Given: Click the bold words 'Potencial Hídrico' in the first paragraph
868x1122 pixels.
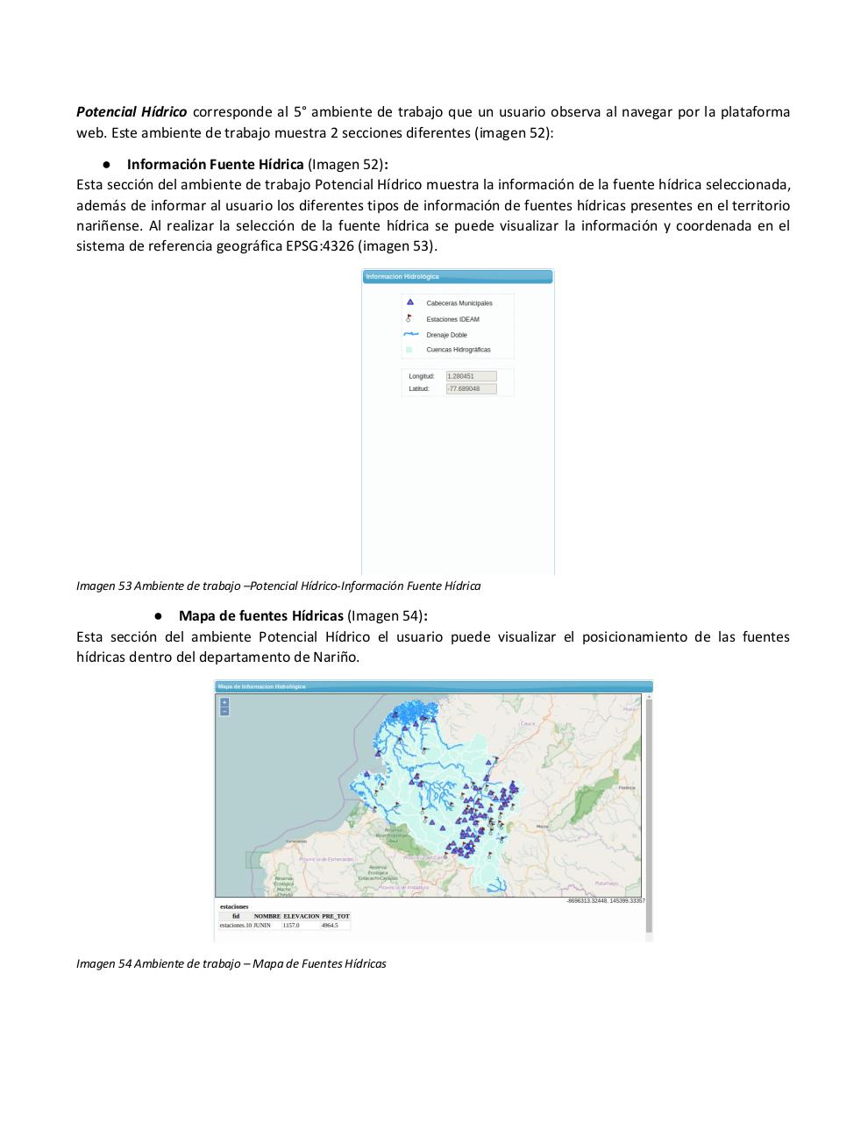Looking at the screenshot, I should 132,112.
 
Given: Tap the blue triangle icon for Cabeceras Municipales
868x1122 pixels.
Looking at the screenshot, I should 409,302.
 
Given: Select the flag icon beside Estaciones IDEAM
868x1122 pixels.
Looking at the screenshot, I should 409,318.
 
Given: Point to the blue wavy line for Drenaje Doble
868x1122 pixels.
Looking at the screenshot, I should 410,334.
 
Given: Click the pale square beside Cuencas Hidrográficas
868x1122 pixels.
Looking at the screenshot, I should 409,350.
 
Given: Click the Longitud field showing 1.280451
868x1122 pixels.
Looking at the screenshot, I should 471,376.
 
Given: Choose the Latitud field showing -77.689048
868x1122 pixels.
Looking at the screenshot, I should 471,388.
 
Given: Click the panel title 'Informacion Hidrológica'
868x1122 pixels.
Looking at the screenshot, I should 402,277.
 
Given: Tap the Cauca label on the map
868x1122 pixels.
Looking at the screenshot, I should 528,723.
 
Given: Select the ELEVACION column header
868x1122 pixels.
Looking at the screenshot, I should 301,916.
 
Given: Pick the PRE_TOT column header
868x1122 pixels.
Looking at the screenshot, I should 336,916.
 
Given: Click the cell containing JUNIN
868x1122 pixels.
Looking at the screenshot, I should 262,925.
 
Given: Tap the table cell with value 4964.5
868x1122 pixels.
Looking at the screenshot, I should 330,925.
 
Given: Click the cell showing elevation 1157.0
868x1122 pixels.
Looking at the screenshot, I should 291,925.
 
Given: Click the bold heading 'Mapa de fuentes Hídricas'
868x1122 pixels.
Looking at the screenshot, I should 261,616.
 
